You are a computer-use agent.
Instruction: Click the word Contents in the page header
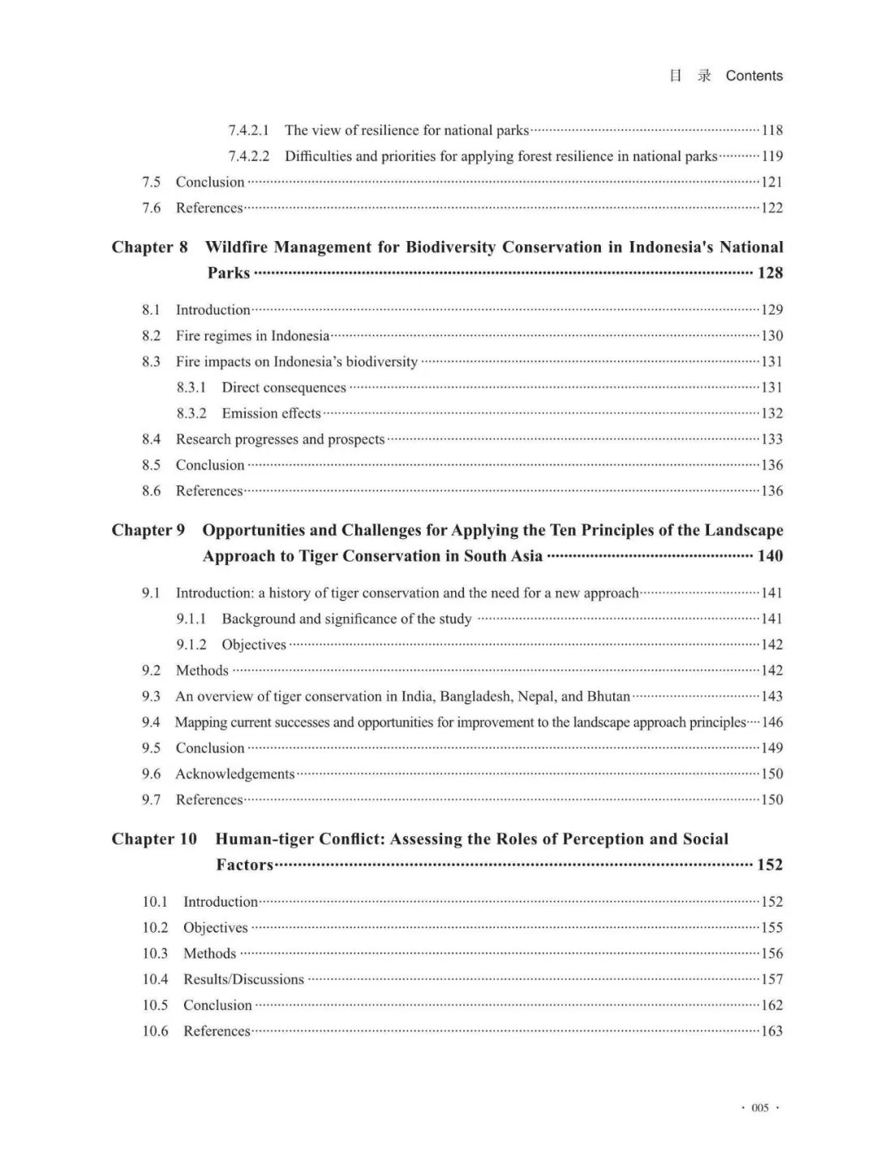[754, 75]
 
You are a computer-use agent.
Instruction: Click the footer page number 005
[760, 1108]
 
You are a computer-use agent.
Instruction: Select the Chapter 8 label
[149, 247]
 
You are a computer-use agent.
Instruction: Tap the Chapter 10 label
[154, 839]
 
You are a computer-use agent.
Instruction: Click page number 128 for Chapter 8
[770, 273]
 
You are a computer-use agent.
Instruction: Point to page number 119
[772, 156]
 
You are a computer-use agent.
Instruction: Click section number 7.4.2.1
[248, 130]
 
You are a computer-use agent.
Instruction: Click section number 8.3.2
[191, 413]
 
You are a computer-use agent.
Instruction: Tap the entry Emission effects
[271, 413]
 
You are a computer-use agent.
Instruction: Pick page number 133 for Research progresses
[772, 439]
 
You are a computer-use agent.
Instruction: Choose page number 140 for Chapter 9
[770, 556]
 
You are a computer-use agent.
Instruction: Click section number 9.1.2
[191, 645]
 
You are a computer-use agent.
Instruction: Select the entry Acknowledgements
[234, 774]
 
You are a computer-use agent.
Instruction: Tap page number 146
[772, 722]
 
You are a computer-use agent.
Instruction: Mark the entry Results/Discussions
[243, 979]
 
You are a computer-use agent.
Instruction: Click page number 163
[772, 1031]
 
